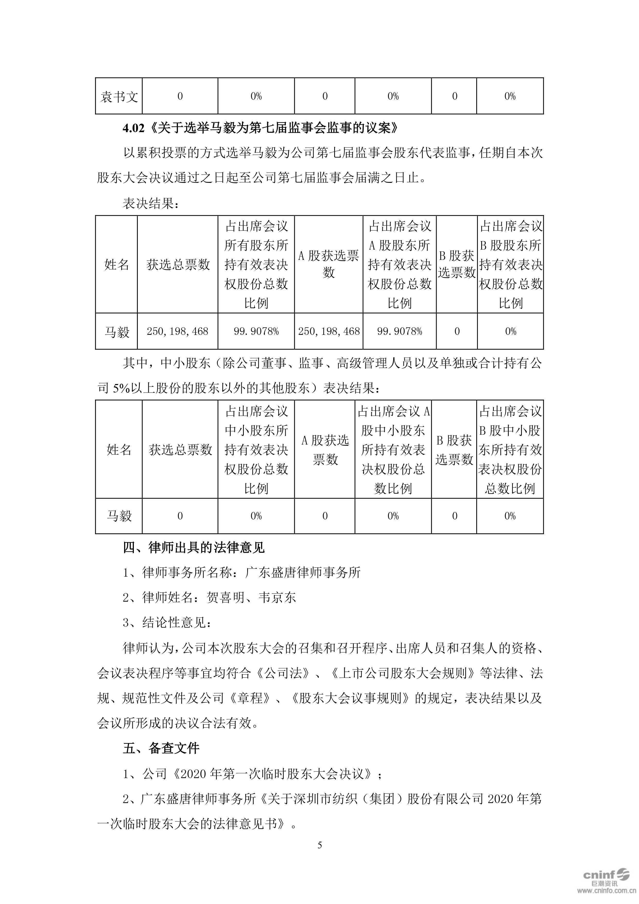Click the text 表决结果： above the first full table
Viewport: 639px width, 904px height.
tap(151, 203)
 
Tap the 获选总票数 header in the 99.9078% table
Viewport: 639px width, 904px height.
tap(178, 265)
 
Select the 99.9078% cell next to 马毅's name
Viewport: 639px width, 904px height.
tap(256, 331)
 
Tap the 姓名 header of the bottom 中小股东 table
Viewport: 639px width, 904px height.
tap(119, 450)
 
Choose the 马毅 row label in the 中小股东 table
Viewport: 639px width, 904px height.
tap(119, 516)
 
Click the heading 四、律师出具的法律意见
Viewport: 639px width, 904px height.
tap(194, 548)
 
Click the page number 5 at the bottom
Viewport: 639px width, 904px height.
tap(319, 845)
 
